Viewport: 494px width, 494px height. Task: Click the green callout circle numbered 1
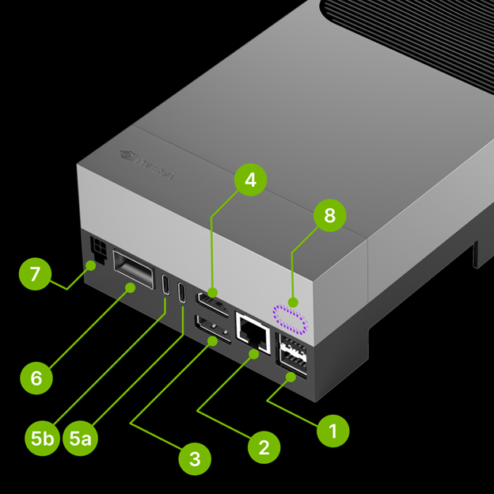[332, 431]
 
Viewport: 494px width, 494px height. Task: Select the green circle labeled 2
[264, 447]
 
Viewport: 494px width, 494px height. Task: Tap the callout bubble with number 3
[195, 457]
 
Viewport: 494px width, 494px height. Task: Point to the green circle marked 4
[250, 180]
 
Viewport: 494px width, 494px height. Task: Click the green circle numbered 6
[36, 378]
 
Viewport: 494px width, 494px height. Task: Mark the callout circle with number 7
[34, 275]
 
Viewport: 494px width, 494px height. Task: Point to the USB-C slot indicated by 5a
[184, 293]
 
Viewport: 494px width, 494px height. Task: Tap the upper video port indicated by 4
[214, 302]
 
